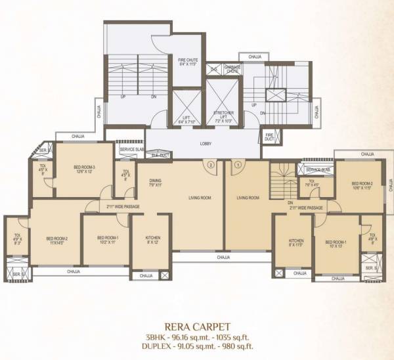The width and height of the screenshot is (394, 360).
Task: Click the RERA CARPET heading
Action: pyautogui.click(x=196, y=324)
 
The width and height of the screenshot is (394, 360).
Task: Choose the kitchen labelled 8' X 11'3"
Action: pyautogui.click(x=296, y=243)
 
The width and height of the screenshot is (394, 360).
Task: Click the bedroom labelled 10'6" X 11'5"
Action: pyautogui.click(x=362, y=185)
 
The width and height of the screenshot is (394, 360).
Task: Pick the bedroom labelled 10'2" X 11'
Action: pyautogui.click(x=107, y=239)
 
